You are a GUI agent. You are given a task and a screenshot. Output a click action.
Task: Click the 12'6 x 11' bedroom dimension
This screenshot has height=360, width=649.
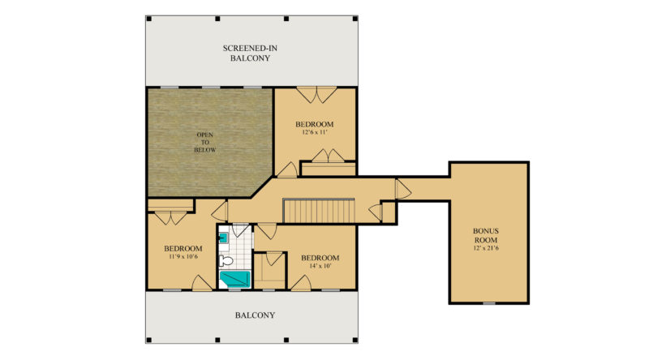(314, 132)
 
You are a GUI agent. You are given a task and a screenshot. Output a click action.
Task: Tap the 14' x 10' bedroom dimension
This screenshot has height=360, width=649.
(319, 266)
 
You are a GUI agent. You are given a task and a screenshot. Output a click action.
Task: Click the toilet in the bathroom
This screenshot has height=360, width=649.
(227, 260)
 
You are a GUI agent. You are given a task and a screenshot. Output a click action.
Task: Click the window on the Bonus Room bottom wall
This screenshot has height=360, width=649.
(488, 302)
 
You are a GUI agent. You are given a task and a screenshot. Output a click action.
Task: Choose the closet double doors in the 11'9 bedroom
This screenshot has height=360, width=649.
(171, 216)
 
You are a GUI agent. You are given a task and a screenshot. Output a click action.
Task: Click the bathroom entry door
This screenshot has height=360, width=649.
(242, 231)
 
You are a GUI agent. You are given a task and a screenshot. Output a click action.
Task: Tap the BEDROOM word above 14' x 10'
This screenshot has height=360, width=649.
(319, 257)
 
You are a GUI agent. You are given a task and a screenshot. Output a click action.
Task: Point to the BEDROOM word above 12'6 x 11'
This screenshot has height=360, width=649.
(314, 123)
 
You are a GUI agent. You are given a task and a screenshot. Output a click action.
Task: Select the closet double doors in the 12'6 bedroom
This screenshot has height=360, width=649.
(328, 156)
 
